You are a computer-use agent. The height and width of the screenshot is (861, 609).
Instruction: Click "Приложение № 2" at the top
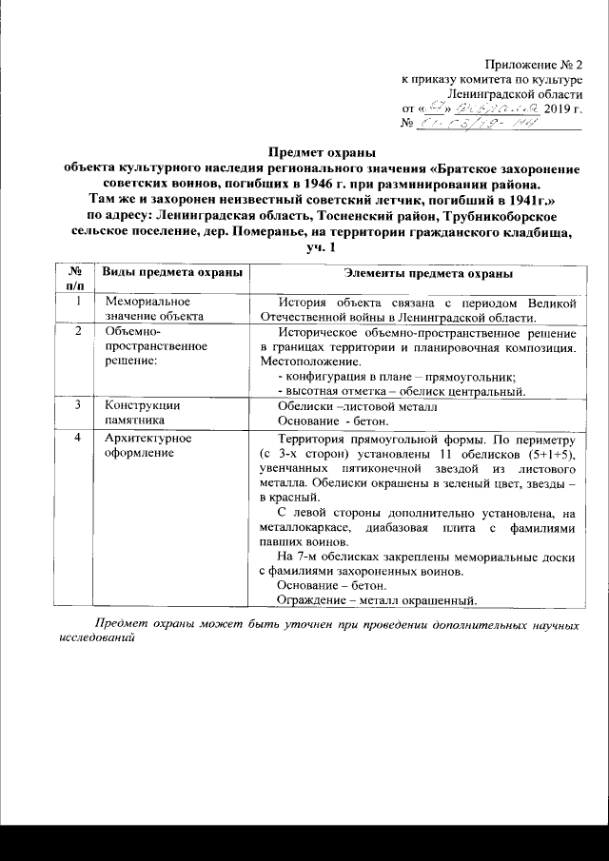[x=539, y=62]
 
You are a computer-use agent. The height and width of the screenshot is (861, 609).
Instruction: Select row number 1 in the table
[x=76, y=302]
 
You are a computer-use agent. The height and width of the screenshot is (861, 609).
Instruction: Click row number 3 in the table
[x=76, y=404]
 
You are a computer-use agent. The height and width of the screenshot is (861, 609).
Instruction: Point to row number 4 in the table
[x=76, y=439]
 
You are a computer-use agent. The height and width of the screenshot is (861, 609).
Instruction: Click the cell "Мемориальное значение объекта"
[x=155, y=309]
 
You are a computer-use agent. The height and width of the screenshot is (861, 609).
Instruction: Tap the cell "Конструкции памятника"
[x=143, y=412]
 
